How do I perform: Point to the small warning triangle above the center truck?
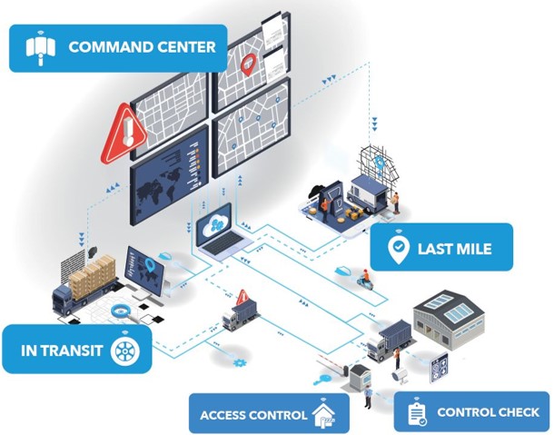click(x=242, y=297)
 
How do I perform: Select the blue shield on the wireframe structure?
click(x=380, y=163)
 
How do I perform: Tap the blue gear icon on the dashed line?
click(x=240, y=362)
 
